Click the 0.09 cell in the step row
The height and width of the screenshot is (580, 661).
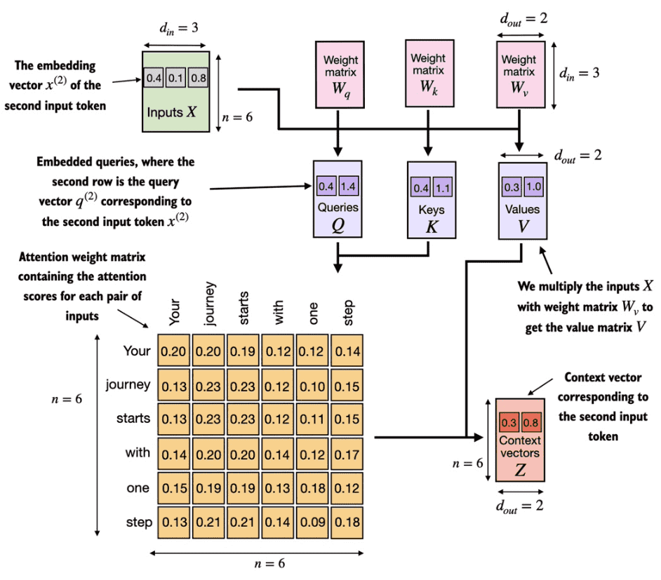coord(312,522)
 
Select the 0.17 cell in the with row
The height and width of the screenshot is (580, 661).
coord(347,454)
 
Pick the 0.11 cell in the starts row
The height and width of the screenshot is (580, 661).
coord(312,419)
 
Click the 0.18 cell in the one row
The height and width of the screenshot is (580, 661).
coord(312,488)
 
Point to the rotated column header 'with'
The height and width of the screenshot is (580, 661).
coord(279,312)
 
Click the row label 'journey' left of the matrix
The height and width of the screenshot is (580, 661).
coord(128,385)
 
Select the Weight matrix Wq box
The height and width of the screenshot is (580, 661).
coord(340,74)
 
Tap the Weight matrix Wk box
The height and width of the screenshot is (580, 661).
coord(429,74)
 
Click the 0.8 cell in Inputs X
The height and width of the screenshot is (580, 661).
coord(198,78)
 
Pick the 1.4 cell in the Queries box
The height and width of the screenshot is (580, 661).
coord(348,186)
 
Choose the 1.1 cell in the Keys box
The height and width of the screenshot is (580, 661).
coord(443,187)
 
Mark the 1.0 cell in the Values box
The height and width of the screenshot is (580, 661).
coord(534,187)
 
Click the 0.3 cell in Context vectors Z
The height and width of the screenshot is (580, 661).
coord(509,422)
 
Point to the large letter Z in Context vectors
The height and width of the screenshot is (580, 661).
coord(520,469)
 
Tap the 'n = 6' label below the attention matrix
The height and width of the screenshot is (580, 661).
coord(269,564)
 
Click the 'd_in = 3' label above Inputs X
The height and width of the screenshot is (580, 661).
coord(178,28)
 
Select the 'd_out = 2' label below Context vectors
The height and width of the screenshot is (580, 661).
coord(519,506)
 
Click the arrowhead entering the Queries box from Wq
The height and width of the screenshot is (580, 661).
coord(338,151)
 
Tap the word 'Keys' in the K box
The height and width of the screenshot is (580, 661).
coord(432,210)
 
